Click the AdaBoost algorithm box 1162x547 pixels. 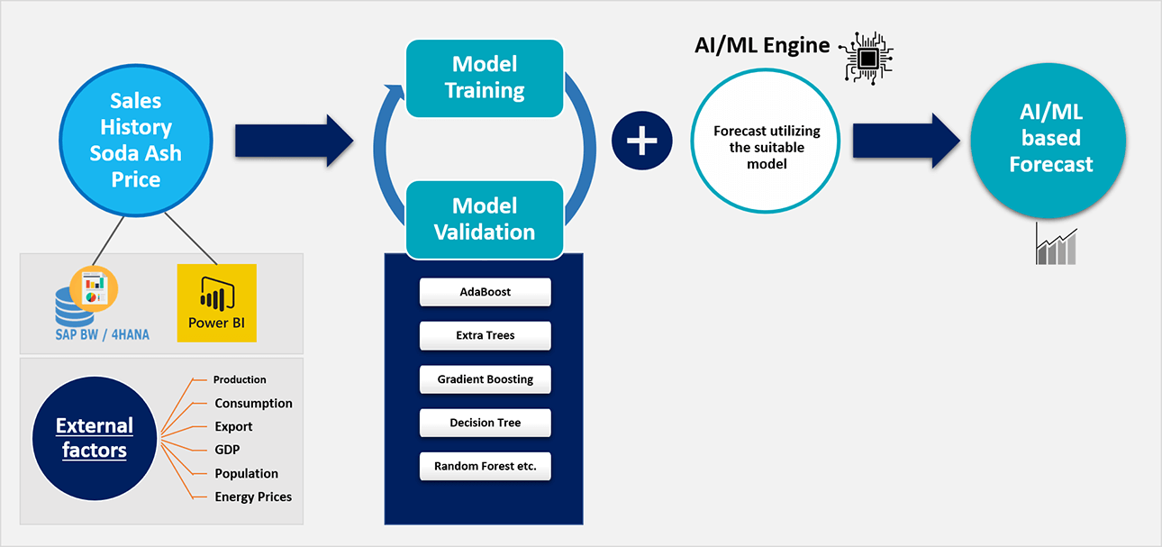[485, 292]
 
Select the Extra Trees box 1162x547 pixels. [485, 335]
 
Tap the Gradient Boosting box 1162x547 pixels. [485, 378]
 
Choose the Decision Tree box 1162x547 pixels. [485, 423]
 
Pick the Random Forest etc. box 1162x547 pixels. [485, 466]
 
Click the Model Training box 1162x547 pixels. [485, 77]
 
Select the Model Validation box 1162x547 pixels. [485, 220]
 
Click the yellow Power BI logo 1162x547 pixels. [217, 303]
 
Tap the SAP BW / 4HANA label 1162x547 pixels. [102, 334]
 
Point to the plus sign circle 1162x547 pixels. [641, 141]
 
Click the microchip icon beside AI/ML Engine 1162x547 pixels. [867, 59]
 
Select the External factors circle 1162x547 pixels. [95, 439]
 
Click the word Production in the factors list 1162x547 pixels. [240, 379]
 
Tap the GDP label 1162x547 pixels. [227, 450]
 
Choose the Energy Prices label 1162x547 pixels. [253, 497]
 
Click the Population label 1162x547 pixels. [247, 473]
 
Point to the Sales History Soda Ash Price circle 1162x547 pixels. [136, 140]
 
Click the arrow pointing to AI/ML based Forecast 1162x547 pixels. [906, 141]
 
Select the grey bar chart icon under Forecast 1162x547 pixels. [1057, 244]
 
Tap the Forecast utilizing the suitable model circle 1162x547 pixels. [766, 141]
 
